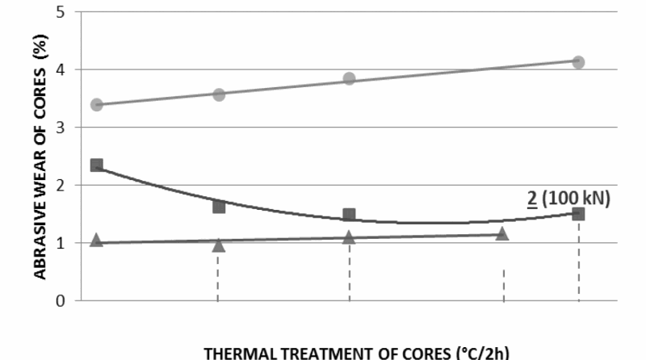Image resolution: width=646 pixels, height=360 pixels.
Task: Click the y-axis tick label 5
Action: click(61, 12)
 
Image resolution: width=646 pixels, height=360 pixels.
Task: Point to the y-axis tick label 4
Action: click(61, 70)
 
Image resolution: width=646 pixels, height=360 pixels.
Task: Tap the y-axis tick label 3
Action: click(61, 128)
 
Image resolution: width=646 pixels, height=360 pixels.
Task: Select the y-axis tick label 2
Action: click(61, 186)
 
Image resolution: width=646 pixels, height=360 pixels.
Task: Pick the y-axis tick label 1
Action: click(61, 243)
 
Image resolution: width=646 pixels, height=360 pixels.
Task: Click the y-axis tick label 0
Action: click(61, 301)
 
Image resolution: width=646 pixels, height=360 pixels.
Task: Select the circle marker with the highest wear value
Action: click(578, 62)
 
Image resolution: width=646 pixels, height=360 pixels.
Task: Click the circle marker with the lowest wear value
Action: click(97, 105)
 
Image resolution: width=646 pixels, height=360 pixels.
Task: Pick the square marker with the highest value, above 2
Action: click(97, 165)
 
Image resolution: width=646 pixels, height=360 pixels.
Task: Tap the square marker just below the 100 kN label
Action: click(578, 214)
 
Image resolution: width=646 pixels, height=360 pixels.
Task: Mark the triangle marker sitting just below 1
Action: click(218, 245)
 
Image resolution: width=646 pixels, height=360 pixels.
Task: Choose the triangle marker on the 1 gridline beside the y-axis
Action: click(97, 240)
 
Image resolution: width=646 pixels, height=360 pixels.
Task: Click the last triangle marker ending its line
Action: click(502, 234)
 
